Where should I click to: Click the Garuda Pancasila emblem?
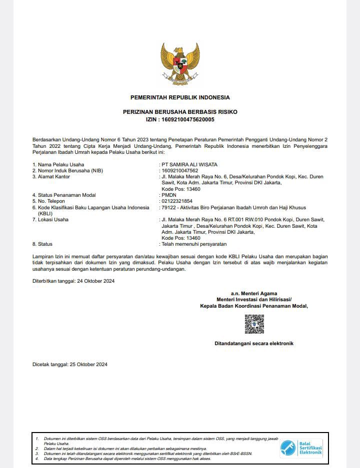[x=180, y=64]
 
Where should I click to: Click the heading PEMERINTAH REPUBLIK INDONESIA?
[x=180, y=97]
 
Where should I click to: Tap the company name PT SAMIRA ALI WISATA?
[x=189, y=164]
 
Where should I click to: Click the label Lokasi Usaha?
[x=53, y=219]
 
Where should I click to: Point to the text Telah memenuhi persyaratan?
[x=194, y=244]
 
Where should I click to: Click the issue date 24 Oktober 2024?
[x=96, y=281]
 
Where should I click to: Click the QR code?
[x=254, y=324]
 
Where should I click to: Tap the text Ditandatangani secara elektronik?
[x=254, y=344]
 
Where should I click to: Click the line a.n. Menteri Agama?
[x=254, y=293]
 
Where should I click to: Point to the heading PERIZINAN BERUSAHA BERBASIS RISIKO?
[x=180, y=113]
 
